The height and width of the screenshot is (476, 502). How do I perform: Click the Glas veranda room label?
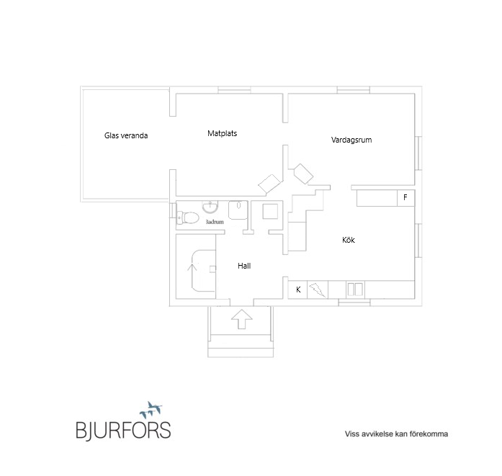tap(126, 135)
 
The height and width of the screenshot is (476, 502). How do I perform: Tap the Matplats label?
tap(222, 133)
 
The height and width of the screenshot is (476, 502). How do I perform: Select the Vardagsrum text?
tap(351, 140)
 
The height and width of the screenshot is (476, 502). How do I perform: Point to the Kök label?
tap(349, 240)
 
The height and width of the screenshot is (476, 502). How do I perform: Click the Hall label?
tap(244, 266)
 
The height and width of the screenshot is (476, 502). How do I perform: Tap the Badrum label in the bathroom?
tap(215, 222)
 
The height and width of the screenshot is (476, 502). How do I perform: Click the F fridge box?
tap(405, 197)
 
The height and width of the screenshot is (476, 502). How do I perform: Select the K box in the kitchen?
tap(297, 289)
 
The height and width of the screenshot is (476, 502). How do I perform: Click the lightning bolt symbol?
tap(318, 289)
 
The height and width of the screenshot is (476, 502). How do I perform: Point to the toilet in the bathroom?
tap(187, 217)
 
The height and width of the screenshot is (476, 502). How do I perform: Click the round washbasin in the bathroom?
tap(210, 207)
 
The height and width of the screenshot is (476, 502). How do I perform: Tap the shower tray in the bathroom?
tap(238, 210)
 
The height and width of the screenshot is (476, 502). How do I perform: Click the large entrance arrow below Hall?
tap(242, 319)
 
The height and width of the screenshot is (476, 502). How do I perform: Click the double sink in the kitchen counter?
tap(355, 289)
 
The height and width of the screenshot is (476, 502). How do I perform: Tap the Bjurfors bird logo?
tap(151, 410)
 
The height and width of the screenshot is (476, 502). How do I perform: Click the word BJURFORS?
tap(123, 430)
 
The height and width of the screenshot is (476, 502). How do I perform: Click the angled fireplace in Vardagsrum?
tap(303, 174)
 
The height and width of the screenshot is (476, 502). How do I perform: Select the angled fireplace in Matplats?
tap(269, 184)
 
